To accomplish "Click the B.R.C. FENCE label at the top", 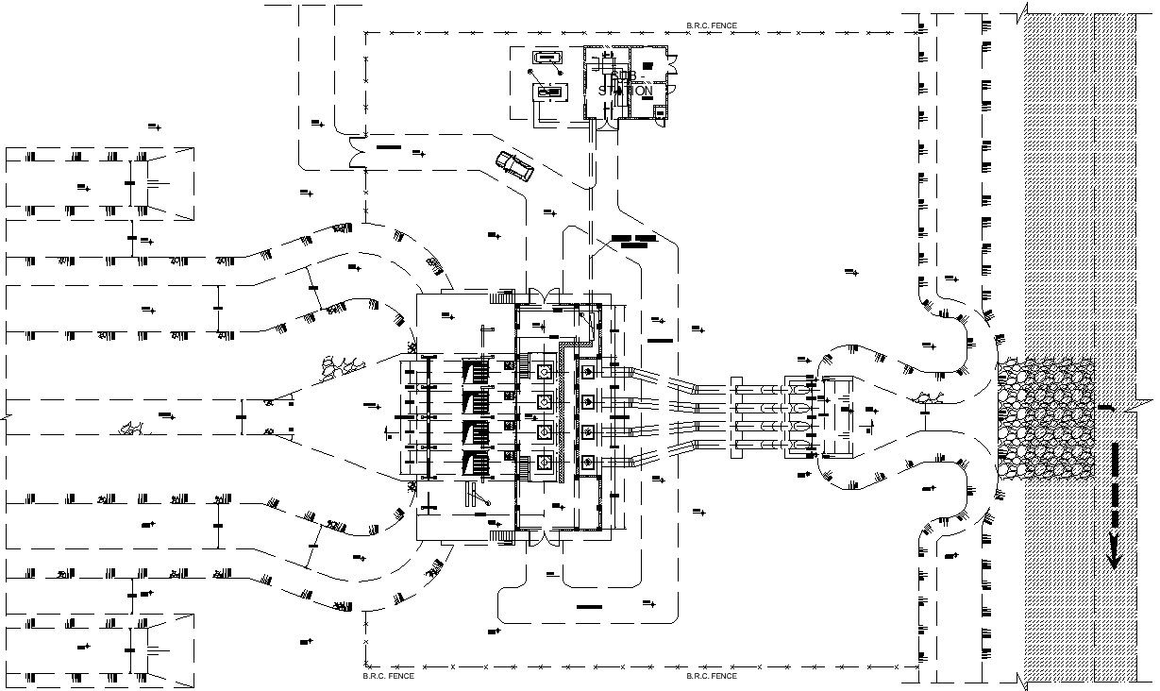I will pyautogui.click(x=712, y=26).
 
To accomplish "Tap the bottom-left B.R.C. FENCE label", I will pyautogui.click(x=388, y=676).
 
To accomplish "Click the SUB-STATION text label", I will pyautogui.click(x=626, y=84).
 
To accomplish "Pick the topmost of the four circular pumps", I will pyautogui.click(x=545, y=373).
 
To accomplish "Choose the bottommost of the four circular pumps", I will pyautogui.click(x=545, y=462).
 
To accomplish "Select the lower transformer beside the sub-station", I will pyautogui.click(x=550, y=92).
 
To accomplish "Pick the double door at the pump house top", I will pyautogui.click(x=538, y=296).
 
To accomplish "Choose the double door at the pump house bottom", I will pyautogui.click(x=538, y=539).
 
